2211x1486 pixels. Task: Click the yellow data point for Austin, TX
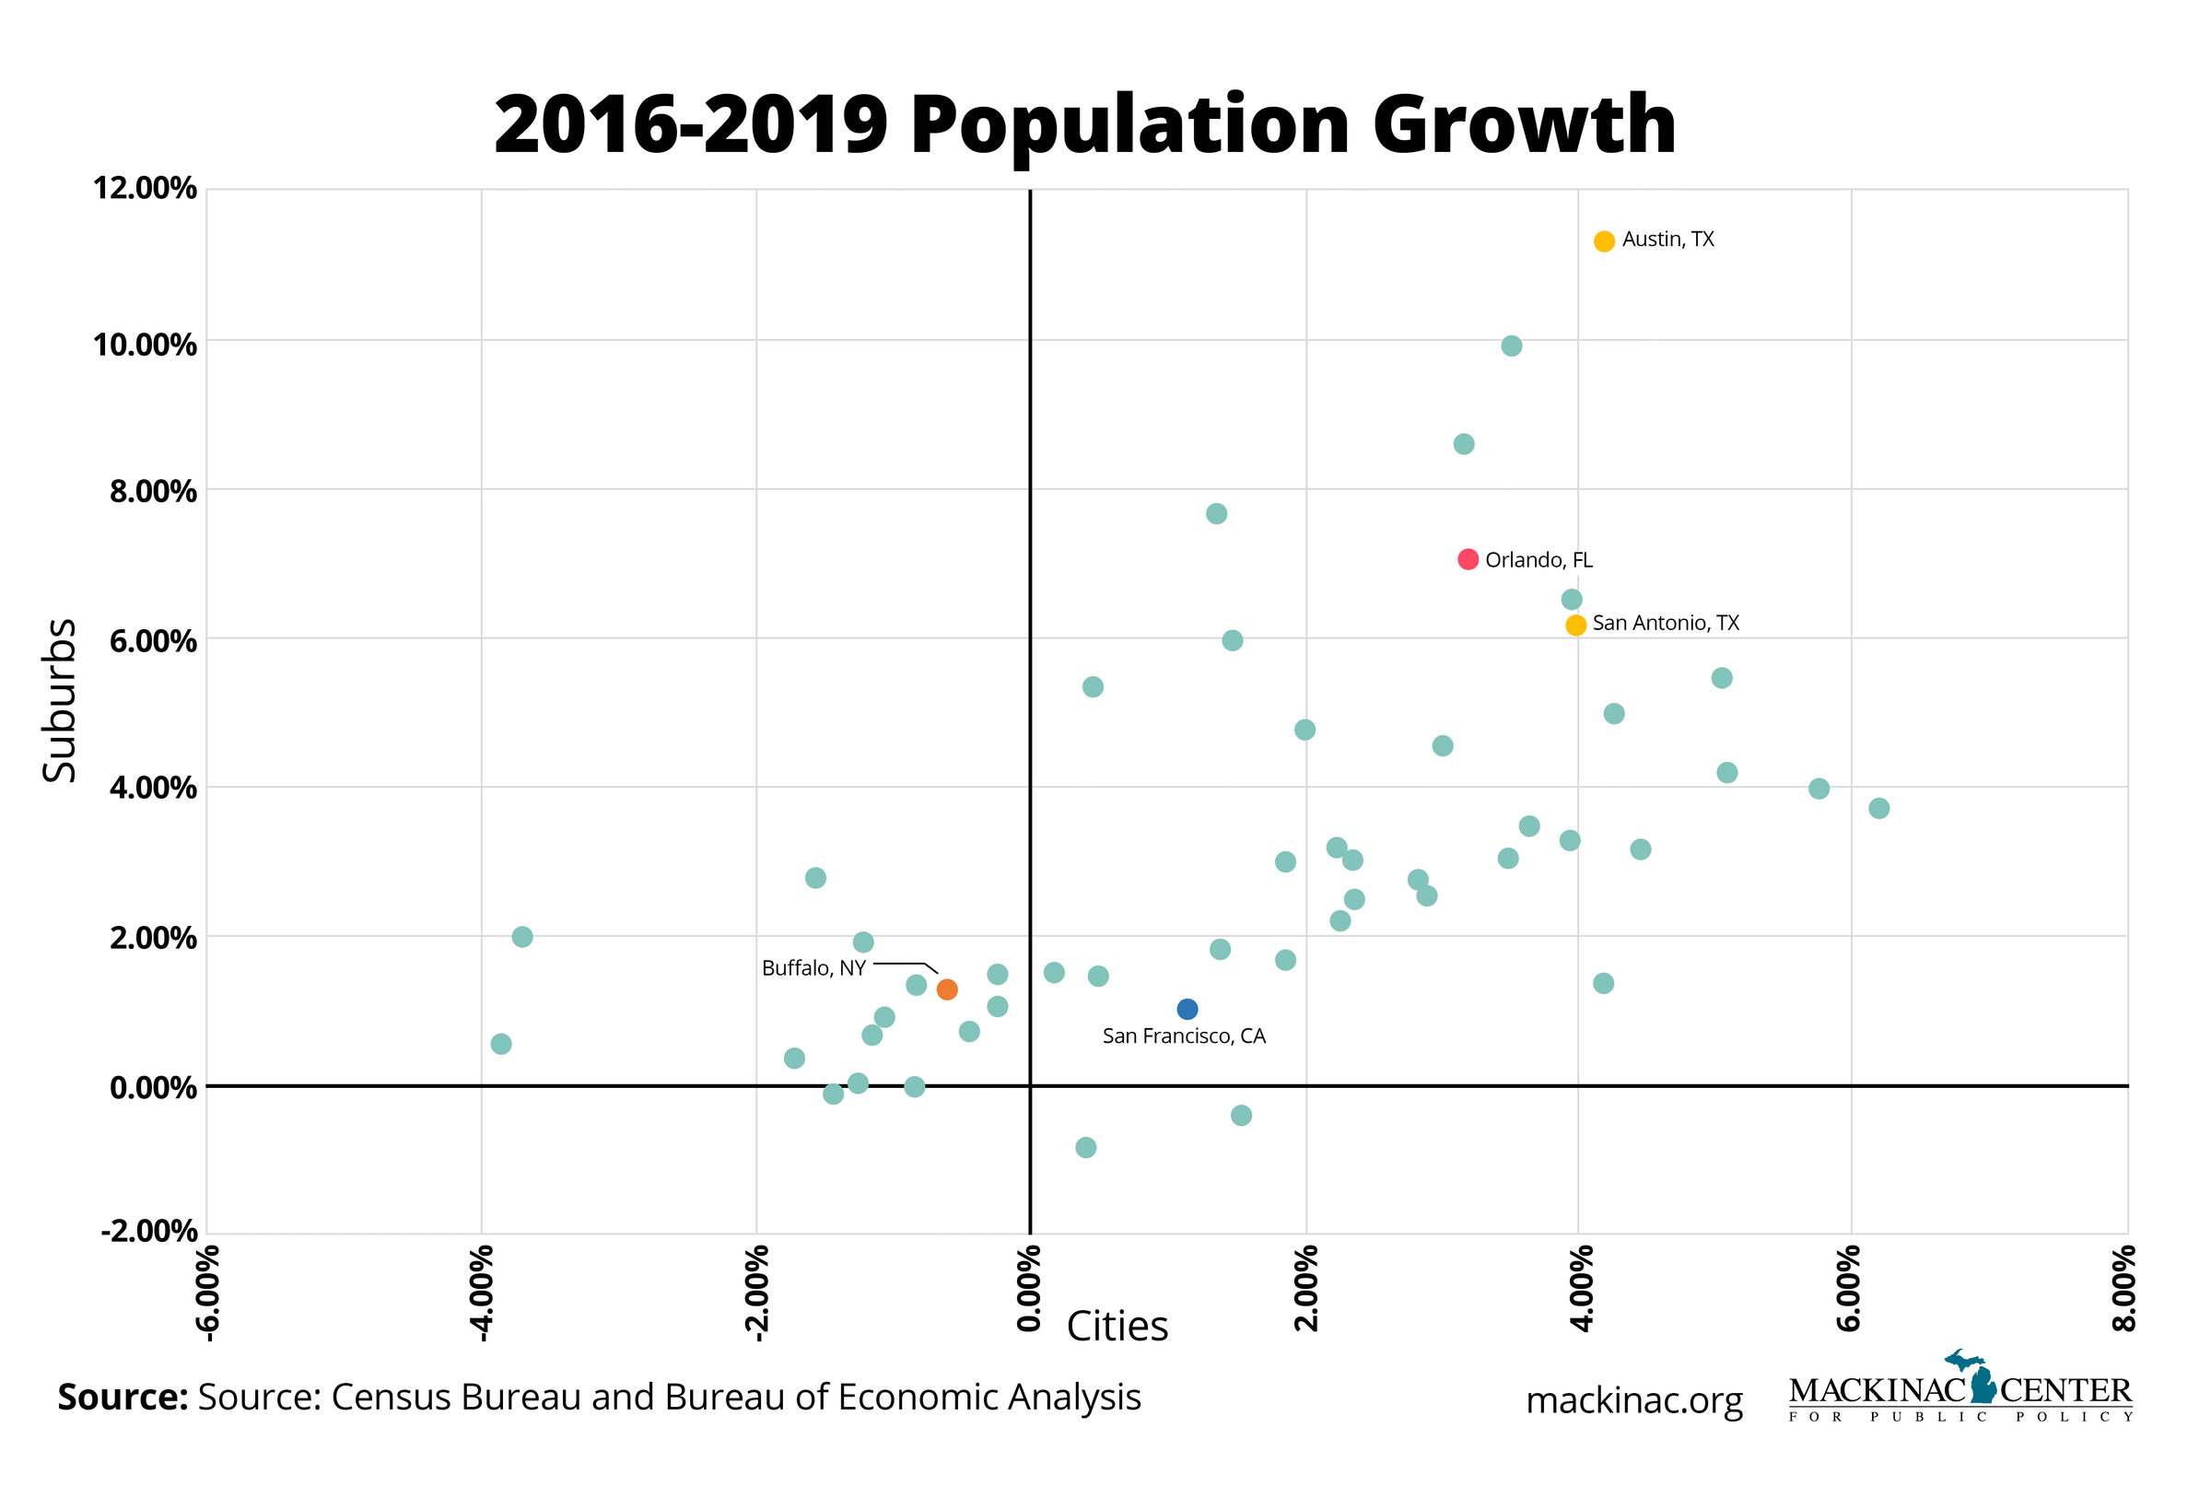coord(1604,241)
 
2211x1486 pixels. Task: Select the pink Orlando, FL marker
coord(1467,559)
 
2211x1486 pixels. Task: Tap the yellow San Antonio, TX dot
coord(1575,626)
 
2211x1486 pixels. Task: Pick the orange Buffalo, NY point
coord(947,989)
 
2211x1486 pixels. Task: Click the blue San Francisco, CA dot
coord(1187,1010)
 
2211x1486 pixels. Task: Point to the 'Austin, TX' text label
coord(1668,240)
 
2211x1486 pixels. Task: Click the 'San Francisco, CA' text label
coord(1184,1036)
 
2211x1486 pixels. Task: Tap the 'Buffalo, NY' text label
coord(813,968)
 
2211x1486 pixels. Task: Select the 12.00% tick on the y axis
coord(144,189)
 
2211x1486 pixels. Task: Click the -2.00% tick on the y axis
coord(149,1232)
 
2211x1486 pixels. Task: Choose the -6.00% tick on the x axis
coord(207,1293)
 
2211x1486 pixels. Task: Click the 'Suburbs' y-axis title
coord(60,700)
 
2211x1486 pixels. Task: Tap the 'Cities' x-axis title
coord(1117,1327)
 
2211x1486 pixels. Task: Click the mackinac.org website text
coord(1634,1400)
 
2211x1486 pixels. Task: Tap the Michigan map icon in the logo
coord(1980,1377)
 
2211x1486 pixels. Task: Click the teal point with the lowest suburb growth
coord(1086,1148)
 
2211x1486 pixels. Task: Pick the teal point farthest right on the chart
coord(1878,808)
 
